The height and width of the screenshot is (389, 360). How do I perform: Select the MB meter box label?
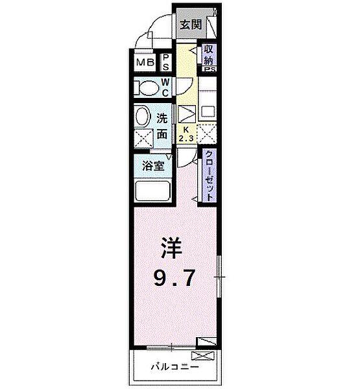point(145,63)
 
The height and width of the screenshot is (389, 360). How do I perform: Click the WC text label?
point(165,86)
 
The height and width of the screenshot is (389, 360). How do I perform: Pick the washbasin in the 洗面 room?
point(143,117)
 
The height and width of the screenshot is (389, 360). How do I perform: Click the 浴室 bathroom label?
point(152,165)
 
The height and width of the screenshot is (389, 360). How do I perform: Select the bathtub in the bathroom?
point(152,191)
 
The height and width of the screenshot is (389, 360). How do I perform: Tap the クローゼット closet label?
point(210,175)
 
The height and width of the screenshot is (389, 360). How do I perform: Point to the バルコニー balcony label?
point(171,366)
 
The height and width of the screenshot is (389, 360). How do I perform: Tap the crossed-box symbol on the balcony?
point(200,355)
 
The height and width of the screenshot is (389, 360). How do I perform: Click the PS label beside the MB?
point(166,63)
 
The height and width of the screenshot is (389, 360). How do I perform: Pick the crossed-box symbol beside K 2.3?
point(207,134)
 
